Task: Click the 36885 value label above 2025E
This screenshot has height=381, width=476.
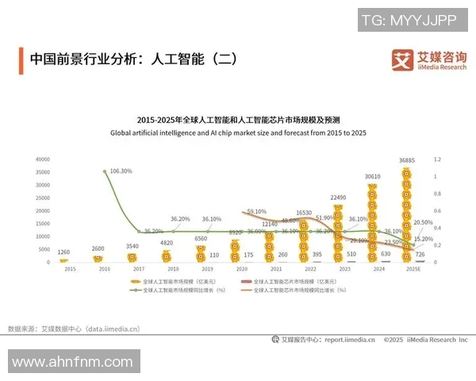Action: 406,161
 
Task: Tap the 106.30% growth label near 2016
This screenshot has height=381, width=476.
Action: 121,171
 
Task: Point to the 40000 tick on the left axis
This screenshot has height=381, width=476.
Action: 43,160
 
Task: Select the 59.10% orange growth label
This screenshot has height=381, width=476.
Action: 256,212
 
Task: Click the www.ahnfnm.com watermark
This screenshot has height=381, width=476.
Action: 72,363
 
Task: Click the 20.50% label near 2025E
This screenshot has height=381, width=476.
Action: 424,223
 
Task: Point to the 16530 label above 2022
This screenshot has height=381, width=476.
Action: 303,213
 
